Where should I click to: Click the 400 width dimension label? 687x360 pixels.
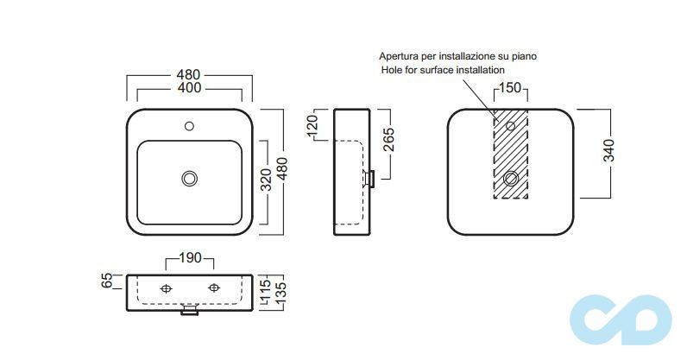189,88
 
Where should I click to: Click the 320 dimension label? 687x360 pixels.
267,179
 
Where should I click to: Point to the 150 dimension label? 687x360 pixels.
510,89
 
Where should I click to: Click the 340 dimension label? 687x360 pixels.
609,152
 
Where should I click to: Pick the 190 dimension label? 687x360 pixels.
189,259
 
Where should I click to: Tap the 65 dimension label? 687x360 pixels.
108,280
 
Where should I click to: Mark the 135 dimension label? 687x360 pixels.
280,291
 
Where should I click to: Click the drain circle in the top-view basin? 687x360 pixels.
190,179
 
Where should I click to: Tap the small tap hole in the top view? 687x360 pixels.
190,127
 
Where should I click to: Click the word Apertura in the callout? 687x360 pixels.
400,55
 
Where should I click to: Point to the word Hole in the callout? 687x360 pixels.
391,69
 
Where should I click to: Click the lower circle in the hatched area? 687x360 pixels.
510,179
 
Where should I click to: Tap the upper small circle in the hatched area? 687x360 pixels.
510,127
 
